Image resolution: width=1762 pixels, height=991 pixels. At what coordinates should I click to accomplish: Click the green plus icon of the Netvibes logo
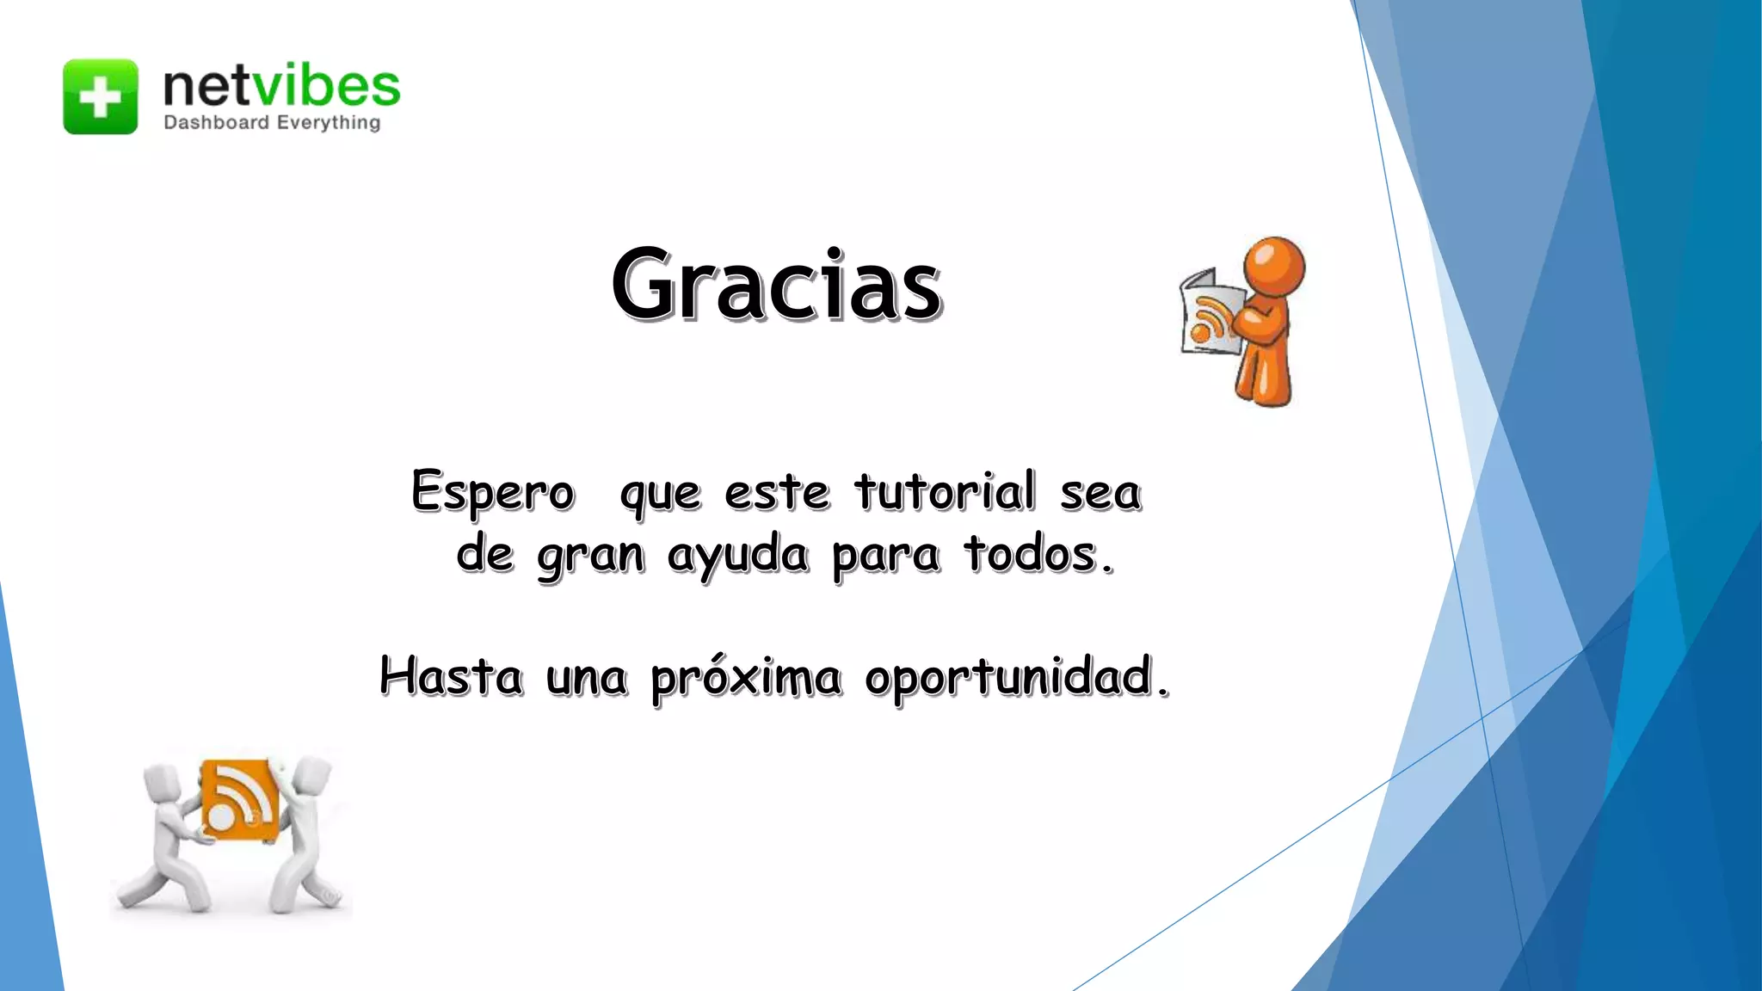click(x=100, y=96)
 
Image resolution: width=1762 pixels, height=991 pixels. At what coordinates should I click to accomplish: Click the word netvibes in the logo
click(x=281, y=86)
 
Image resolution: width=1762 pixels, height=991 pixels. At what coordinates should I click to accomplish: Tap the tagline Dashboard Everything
click(x=272, y=122)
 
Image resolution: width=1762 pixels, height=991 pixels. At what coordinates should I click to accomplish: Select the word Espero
click(x=492, y=493)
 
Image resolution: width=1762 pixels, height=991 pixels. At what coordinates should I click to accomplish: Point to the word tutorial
click(x=945, y=492)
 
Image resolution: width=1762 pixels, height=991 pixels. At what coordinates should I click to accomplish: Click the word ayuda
click(x=737, y=555)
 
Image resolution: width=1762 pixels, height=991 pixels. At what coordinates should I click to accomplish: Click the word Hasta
click(x=451, y=676)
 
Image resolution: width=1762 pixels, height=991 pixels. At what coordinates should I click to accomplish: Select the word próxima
click(x=745, y=678)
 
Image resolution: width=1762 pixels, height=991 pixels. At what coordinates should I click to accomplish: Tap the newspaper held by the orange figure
click(x=1211, y=314)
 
